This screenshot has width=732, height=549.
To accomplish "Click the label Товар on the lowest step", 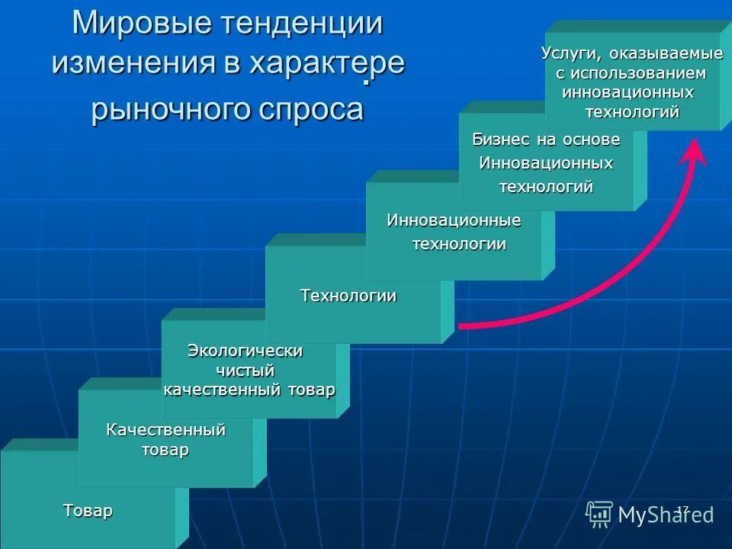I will pyautogui.click(x=88, y=510).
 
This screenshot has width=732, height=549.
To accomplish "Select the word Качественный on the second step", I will pyautogui.click(x=165, y=429).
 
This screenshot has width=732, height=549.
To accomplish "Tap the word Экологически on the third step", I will pyautogui.click(x=246, y=351).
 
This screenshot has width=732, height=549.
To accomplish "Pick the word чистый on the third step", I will pyautogui.click(x=246, y=370).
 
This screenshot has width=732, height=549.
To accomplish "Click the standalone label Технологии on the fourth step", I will pyautogui.click(x=348, y=296).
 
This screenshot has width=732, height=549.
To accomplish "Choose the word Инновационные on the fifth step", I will pyautogui.click(x=454, y=221).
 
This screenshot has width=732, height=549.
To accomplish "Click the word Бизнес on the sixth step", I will pyautogui.click(x=499, y=140).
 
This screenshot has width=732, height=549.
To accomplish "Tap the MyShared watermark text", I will pyautogui.click(x=666, y=515).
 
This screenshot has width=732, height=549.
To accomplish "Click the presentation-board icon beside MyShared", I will pyautogui.click(x=599, y=515).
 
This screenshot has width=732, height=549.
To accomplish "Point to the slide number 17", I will pyautogui.click(x=683, y=509).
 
